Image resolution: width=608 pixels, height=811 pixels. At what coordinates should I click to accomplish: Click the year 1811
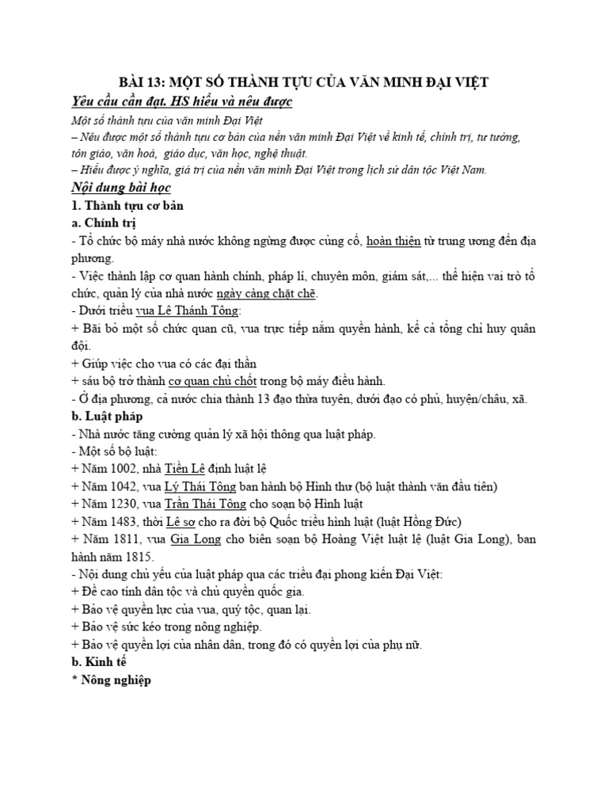coord(125,539)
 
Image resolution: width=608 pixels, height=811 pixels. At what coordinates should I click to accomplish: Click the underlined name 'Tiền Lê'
coord(189,468)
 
